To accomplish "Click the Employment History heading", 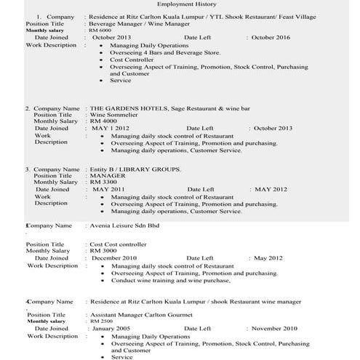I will coord(180,4).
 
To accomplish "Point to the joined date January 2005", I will coord(114,328).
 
